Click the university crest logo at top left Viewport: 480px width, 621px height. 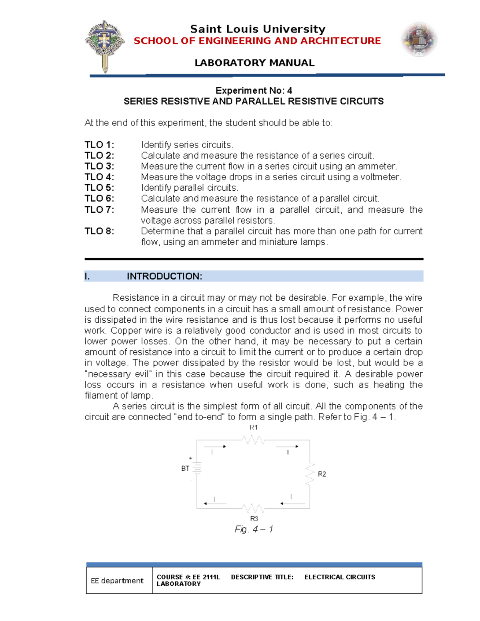tap(104, 46)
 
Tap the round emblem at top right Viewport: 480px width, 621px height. tap(419, 40)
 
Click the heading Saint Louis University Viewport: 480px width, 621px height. tap(258, 29)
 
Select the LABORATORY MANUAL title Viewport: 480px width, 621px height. tap(254, 63)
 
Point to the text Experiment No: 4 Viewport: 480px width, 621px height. tap(254, 90)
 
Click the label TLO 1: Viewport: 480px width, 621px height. tap(99, 145)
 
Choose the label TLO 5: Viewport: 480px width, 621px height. tap(99, 188)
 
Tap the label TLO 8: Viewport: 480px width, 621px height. tap(99, 231)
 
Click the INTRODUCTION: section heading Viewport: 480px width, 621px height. tap(164, 276)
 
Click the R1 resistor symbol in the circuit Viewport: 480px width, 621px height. tap(253, 440)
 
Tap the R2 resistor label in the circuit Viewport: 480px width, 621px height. tap(322, 474)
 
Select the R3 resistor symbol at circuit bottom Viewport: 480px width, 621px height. tap(253, 509)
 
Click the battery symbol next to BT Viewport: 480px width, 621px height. tap(197, 468)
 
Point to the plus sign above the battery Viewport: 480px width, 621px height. tap(191, 458)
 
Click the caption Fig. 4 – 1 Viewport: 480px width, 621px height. tap(254, 529)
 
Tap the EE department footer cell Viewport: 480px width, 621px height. tap(117, 581)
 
